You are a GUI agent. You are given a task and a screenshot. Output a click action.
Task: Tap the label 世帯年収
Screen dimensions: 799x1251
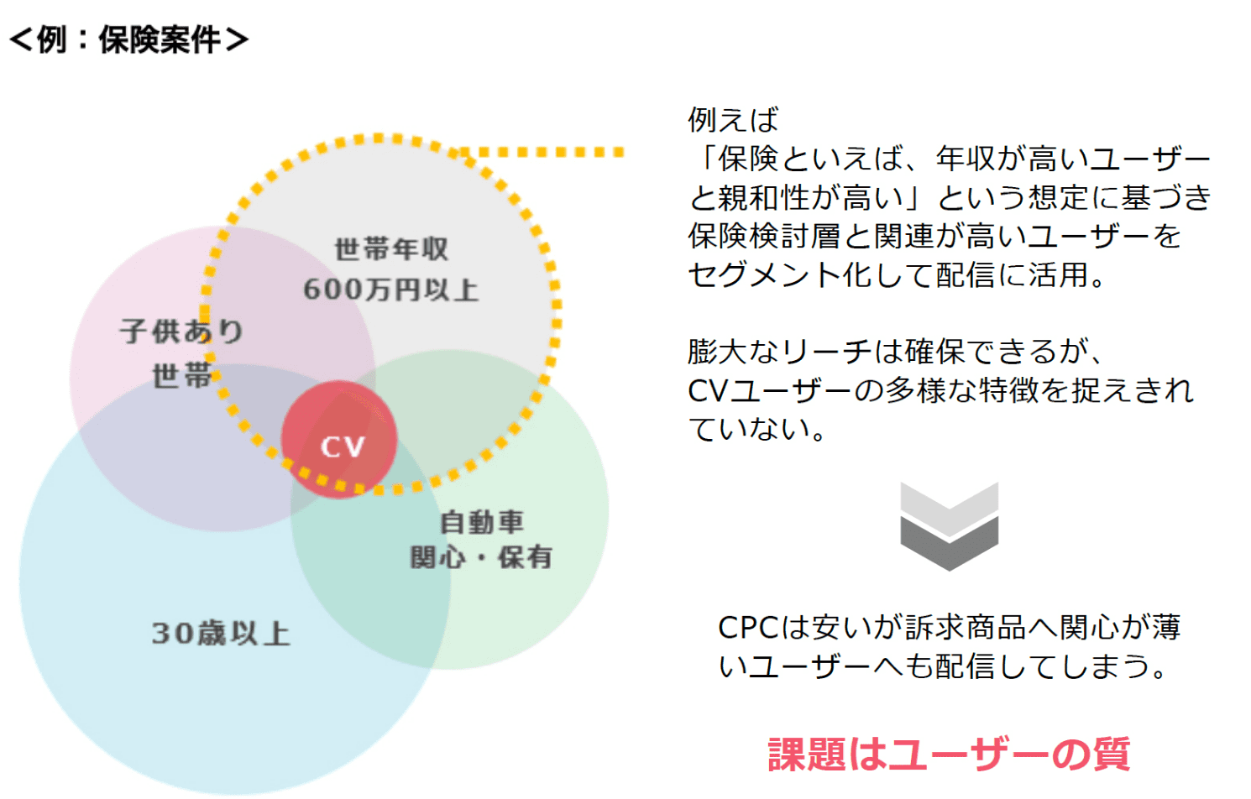(x=391, y=249)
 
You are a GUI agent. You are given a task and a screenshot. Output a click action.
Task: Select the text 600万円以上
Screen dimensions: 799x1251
(x=391, y=290)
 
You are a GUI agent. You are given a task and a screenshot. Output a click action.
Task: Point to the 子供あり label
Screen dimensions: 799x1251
(x=181, y=332)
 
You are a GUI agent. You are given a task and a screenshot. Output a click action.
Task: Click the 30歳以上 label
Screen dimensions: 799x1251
(x=221, y=633)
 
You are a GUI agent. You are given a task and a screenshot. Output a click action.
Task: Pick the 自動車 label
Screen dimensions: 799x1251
(x=481, y=522)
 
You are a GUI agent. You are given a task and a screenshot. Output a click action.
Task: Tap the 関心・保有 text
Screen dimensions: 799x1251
(x=481, y=556)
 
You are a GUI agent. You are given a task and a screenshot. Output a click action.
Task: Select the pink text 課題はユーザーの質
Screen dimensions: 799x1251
(x=949, y=753)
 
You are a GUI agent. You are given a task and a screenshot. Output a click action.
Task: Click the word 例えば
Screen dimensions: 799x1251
(x=733, y=120)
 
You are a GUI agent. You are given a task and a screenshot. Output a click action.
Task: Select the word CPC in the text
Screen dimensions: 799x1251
(x=749, y=627)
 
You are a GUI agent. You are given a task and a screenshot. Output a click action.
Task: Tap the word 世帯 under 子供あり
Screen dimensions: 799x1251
(x=181, y=375)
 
